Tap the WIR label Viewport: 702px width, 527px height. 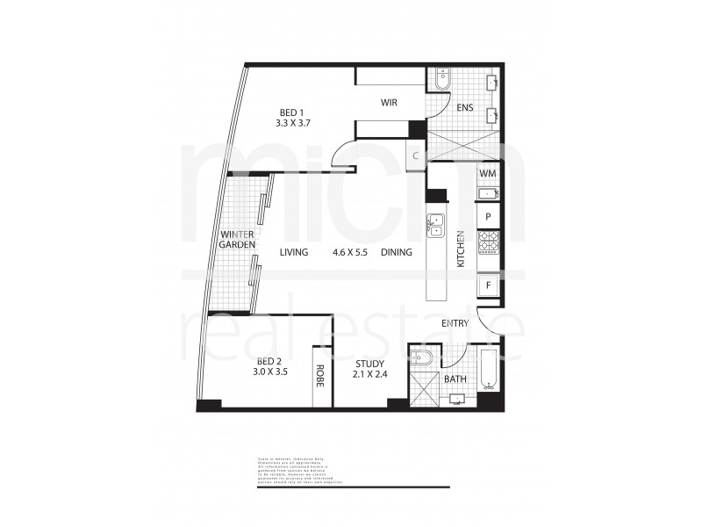pos(389,103)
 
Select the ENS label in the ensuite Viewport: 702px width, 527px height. pos(464,108)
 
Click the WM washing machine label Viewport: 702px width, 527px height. pos(488,174)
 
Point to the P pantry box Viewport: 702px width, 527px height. pos(488,214)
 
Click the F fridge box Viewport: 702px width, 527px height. pos(488,285)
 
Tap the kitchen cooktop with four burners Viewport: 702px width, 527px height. pos(488,242)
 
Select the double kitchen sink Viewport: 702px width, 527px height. pos(435,226)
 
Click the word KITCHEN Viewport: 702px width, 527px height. pos(460,249)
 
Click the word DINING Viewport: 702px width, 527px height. pos(397,253)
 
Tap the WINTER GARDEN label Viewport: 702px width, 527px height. pos(237,240)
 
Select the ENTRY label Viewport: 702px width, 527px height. pos(455,324)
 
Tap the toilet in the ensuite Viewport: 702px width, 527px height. pos(441,81)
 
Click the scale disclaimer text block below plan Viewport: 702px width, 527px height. pos(296,470)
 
